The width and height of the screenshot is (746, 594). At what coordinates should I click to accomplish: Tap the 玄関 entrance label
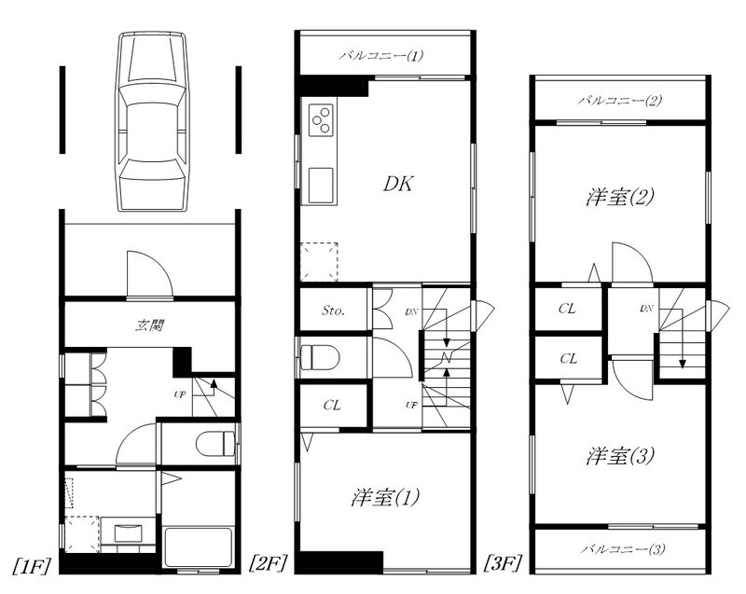(150, 325)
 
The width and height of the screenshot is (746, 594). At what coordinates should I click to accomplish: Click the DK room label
(398, 184)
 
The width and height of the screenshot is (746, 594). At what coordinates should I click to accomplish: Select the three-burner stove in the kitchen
(320, 119)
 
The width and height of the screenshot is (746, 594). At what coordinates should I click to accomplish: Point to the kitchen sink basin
(320, 185)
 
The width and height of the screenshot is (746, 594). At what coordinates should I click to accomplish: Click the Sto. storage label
(333, 311)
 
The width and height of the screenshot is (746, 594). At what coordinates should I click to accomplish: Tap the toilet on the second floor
(319, 357)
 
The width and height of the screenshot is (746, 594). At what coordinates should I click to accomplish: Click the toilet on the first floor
(215, 443)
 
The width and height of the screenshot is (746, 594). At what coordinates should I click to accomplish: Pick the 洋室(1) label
(385, 497)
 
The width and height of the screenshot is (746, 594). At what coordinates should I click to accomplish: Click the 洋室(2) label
(620, 197)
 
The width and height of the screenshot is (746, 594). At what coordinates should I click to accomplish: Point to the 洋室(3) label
(620, 456)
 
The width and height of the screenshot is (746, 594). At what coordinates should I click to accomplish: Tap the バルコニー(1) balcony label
(381, 56)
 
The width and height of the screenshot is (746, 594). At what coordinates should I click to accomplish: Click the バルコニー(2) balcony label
(620, 101)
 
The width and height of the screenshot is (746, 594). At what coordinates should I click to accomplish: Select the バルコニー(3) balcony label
(623, 549)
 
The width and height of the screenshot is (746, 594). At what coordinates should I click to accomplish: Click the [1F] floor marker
(32, 565)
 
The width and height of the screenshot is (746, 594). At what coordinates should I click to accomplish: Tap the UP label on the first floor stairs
(179, 394)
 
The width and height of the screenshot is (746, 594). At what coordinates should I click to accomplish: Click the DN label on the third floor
(646, 308)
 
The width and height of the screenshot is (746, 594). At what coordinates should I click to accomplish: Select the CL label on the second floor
(332, 406)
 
